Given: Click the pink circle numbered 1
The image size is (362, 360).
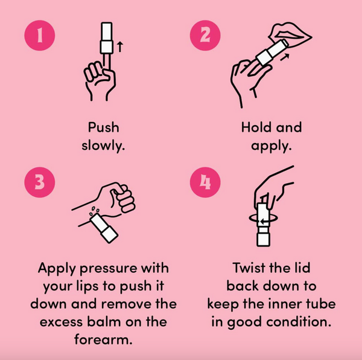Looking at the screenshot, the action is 40,36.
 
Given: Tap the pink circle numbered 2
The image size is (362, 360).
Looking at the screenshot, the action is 205,36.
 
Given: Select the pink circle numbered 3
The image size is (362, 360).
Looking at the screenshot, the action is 40,182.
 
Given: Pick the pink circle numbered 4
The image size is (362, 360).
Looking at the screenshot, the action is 205,182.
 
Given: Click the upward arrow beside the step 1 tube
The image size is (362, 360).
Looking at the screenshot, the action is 120,47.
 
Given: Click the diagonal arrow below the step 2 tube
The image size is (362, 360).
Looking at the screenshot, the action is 285,57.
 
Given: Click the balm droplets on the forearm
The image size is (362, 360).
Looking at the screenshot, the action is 94,210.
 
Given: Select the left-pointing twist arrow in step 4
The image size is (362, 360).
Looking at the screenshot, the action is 265,222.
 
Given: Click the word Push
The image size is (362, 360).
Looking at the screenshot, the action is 103,127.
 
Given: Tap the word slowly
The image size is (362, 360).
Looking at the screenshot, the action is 103,146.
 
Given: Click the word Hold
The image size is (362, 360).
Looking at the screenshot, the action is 256,127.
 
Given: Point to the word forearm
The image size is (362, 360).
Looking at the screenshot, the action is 103,339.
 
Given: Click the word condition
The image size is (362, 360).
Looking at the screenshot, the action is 299,321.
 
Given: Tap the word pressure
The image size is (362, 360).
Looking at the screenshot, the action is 108,269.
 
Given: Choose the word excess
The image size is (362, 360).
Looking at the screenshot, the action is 61,322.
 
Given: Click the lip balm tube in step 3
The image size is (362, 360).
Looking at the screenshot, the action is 104,228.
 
